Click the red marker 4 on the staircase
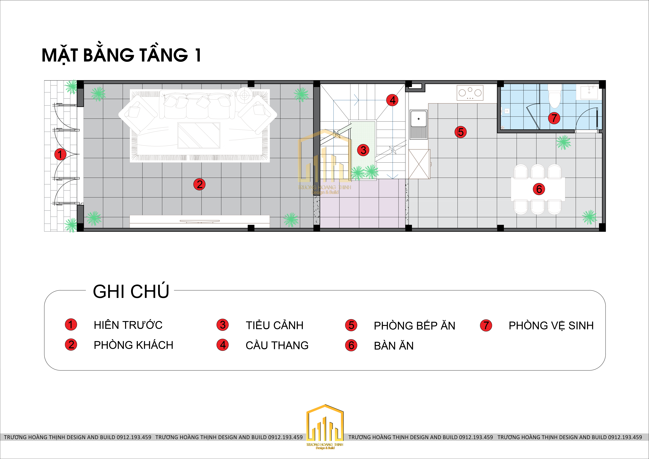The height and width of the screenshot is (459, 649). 392,100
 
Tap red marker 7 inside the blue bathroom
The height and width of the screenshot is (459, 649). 554,118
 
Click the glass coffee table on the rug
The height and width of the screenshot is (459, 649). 199,136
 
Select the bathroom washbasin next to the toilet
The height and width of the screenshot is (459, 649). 589,93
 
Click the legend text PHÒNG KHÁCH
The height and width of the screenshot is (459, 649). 133,345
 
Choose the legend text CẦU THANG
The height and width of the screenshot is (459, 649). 277,346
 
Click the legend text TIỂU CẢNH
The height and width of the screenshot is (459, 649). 274,325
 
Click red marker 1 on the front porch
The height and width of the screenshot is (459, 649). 60,154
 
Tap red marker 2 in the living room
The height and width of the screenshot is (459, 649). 199,184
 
